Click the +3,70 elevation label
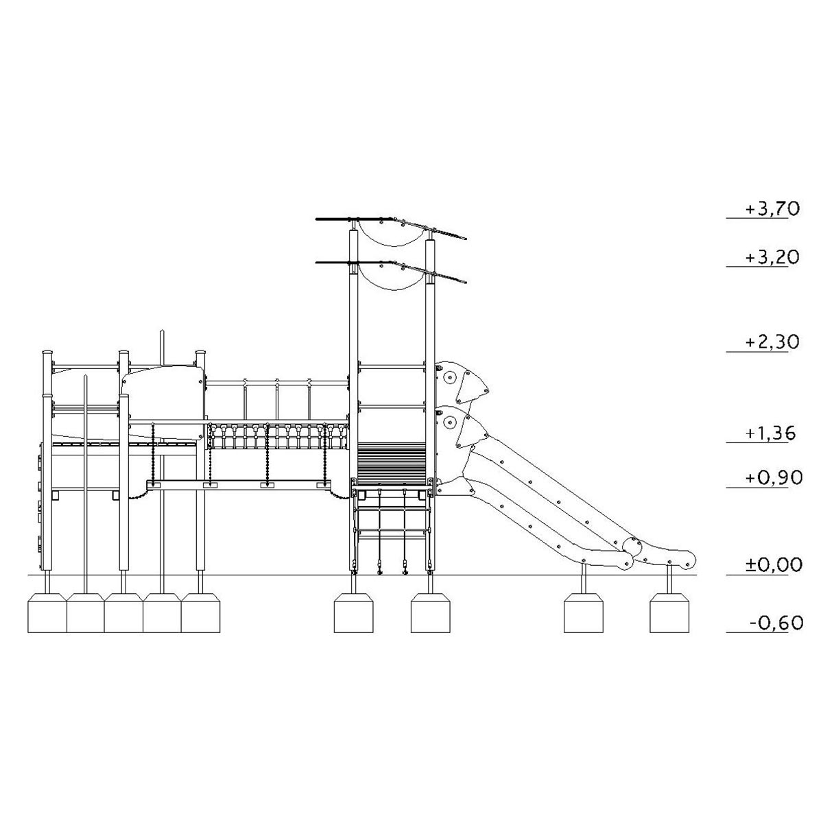point(772,209)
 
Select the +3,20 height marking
point(772,258)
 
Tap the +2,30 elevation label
point(772,342)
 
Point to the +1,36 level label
point(771,433)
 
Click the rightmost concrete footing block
point(669,612)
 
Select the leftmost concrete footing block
point(47,612)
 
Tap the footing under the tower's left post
point(353,612)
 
